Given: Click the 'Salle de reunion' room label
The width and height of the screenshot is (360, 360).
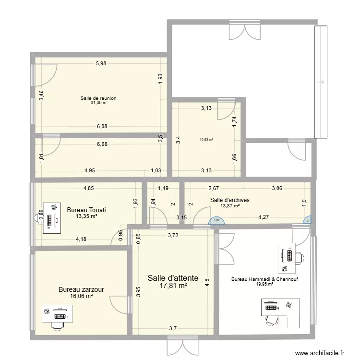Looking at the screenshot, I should click(x=98, y=98).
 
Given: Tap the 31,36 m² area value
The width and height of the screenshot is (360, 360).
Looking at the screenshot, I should click(x=98, y=103).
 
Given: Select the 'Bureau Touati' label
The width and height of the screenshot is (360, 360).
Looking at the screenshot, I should click(x=86, y=210).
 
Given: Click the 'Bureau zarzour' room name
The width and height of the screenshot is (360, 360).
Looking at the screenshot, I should click(x=82, y=289).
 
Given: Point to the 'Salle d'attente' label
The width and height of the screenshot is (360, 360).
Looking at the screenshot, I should click(x=173, y=278).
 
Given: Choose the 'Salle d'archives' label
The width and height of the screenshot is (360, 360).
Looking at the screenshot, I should click(x=230, y=200).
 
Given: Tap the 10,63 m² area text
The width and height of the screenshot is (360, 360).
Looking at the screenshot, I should click(x=206, y=140).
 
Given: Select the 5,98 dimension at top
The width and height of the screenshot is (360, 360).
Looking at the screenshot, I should click(x=101, y=63).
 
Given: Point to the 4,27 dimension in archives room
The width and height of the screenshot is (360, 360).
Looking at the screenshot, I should click(x=264, y=217).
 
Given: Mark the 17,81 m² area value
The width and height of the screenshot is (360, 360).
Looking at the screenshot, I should click(x=173, y=286).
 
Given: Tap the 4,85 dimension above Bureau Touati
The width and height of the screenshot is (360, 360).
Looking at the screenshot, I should click(x=88, y=189).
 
